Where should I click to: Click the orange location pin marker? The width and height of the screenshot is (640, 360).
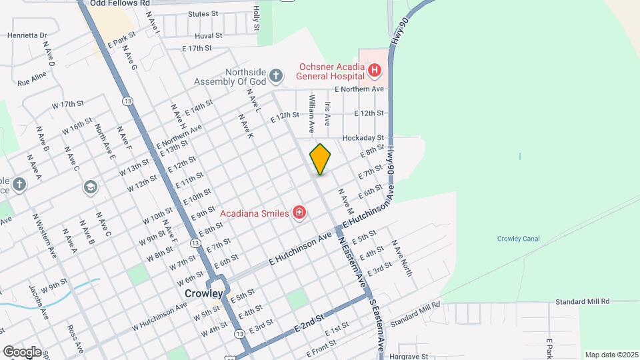coord(320,159)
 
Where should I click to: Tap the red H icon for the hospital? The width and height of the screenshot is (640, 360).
coord(375,69)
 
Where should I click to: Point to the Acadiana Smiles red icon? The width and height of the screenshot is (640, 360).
coord(299,213)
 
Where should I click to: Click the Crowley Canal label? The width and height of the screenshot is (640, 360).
coord(517,239)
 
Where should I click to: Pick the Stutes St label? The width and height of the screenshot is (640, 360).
coord(203,13)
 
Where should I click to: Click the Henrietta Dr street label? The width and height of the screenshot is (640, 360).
coord(27,35)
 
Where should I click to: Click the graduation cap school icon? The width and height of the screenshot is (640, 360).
coord(89,187)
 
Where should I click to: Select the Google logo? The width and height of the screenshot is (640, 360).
coord(22,351)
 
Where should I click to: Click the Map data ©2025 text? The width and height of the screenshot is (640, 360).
coord(611,355)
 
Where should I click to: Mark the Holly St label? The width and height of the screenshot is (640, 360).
coord(256,19)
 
